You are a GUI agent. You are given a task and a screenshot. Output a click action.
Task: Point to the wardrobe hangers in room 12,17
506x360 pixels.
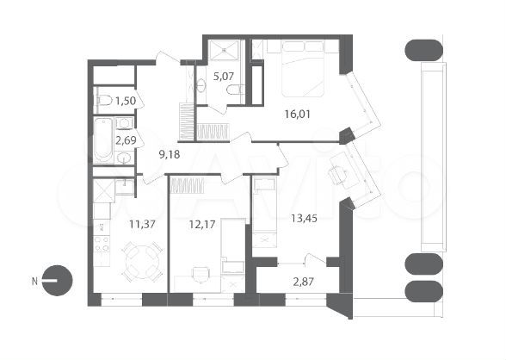point(187,183)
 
